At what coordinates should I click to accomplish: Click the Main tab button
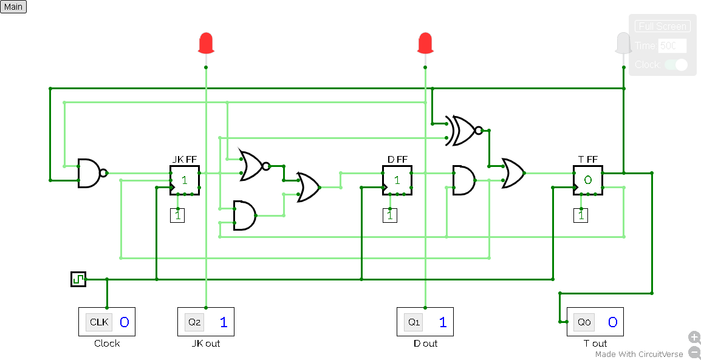pos(13,7)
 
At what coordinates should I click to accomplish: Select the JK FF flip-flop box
pos(184,180)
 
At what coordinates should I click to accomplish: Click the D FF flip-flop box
pos(397,180)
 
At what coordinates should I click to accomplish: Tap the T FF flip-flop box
pos(587,180)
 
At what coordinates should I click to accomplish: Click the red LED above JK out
pos(206,44)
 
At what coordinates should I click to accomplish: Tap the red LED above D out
pos(425,44)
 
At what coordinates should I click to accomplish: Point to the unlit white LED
pos(623,44)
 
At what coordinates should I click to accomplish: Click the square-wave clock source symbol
pos(78,279)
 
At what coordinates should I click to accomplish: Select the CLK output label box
pos(98,322)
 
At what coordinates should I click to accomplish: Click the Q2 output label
pos(194,322)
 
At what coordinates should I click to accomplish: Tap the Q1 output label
pos(414,322)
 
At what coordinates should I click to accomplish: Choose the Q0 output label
pos(584,322)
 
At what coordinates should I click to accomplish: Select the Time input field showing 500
pos(672,46)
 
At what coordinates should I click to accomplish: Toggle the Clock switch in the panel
pos(675,64)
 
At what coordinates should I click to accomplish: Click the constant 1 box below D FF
pos(390,215)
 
